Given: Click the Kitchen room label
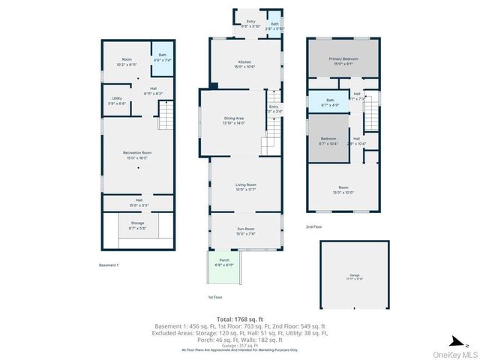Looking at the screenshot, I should pos(245,64).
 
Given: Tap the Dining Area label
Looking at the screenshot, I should pos(234,121).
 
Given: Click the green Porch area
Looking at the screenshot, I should pos(223,265).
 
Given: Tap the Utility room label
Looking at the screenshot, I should pos(117,100).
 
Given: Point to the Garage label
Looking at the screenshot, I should pos(354,277).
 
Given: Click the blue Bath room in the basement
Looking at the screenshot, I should pos(163,58).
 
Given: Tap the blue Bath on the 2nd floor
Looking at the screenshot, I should pos(330,102).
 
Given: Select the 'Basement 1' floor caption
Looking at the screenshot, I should pos(109,265).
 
